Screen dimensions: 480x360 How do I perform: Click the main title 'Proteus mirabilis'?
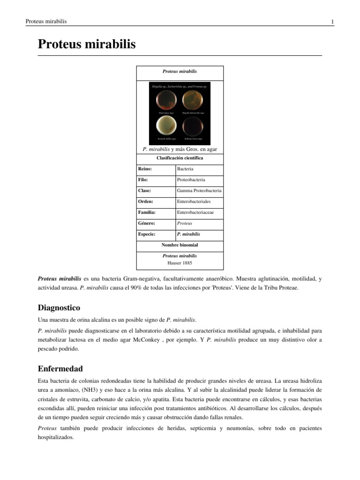[x=86, y=45]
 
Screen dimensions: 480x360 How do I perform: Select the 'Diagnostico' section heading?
[x=59, y=308]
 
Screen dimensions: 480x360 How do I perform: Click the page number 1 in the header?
[x=332, y=22]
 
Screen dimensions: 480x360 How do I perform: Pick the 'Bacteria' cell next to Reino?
[x=185, y=169]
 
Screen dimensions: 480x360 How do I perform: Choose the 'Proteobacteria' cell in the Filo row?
[x=191, y=180]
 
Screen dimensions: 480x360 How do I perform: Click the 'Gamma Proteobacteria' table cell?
[x=199, y=191]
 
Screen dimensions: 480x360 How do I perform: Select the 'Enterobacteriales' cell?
[x=194, y=202]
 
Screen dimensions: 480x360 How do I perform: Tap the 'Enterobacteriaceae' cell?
[x=195, y=212]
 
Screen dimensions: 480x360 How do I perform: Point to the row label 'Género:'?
[x=146, y=223]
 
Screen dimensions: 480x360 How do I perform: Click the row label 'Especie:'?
[x=147, y=234]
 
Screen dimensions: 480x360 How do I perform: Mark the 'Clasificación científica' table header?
[x=180, y=158]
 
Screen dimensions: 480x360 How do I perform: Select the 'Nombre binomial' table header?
[x=180, y=245]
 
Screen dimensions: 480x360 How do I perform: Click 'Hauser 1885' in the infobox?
[x=180, y=262]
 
